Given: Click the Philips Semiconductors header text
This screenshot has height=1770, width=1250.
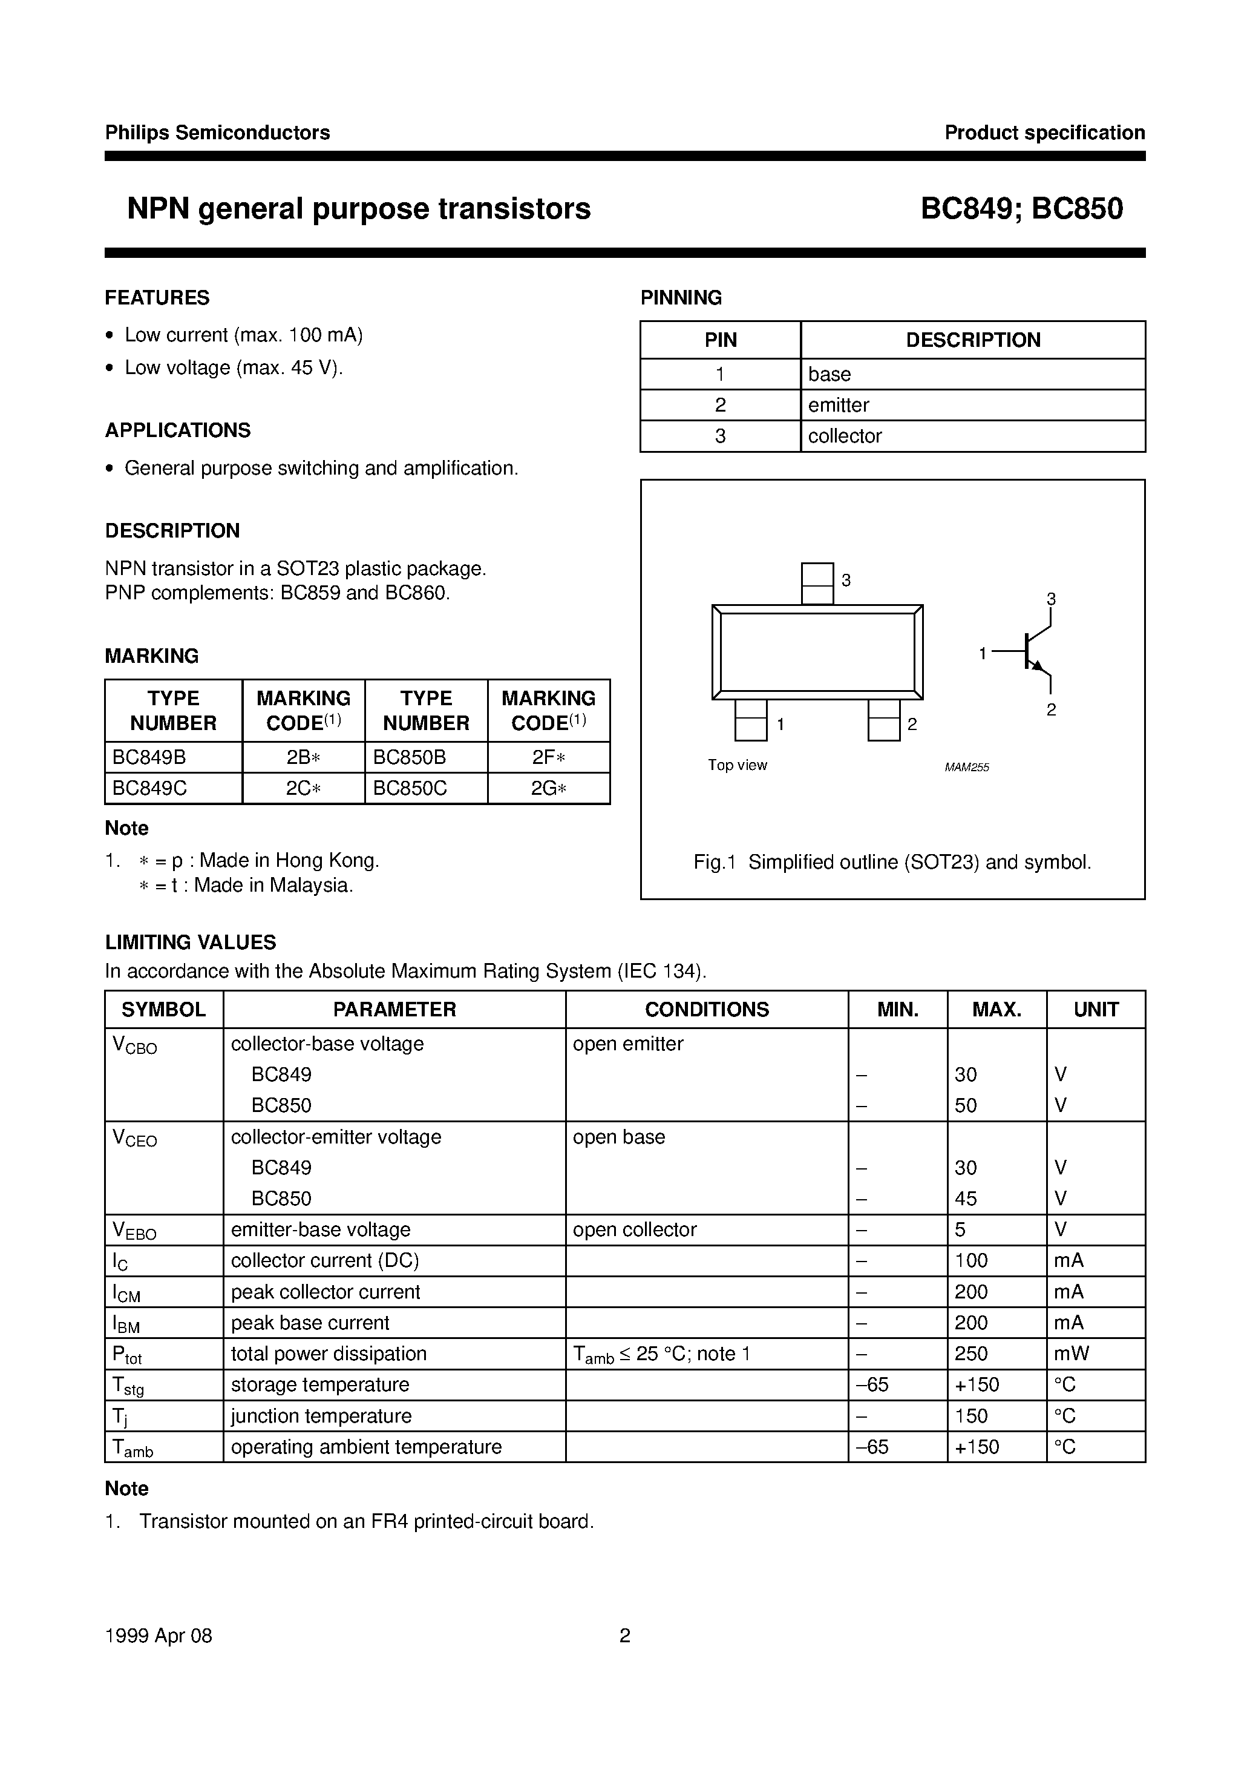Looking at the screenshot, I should (x=217, y=133).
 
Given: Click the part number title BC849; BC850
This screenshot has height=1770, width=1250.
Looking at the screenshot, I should (x=1021, y=209).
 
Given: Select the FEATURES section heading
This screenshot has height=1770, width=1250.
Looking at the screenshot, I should (x=157, y=298).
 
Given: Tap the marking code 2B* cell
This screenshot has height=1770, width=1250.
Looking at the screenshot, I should (x=303, y=757).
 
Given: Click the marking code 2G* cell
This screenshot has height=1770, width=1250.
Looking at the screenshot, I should (x=549, y=789).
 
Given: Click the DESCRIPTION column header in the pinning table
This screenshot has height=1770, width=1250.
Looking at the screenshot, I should (x=972, y=340).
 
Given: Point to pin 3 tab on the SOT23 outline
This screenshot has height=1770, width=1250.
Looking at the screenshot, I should (x=817, y=583).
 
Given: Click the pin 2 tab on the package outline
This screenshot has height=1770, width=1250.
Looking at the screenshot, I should (x=883, y=719).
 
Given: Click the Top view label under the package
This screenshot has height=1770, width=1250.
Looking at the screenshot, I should (x=738, y=765).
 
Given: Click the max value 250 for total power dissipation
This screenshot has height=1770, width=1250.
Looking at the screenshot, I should (x=971, y=1354).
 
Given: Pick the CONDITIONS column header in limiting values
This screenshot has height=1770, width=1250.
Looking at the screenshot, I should (x=707, y=1009).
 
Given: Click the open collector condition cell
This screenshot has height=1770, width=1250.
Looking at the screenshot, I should (x=634, y=1229).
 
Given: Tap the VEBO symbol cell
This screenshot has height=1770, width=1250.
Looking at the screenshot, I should (x=135, y=1231).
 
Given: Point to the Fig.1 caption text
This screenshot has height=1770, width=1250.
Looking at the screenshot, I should (x=892, y=862).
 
